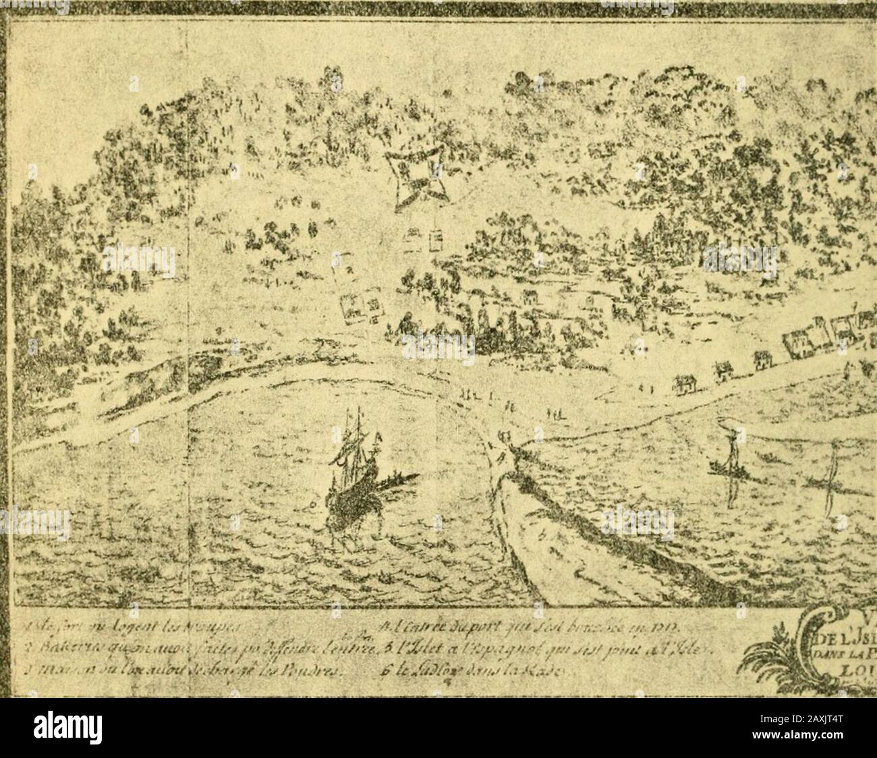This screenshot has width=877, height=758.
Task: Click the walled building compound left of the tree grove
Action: click(x=362, y=309)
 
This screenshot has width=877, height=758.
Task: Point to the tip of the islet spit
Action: click(x=503, y=439)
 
